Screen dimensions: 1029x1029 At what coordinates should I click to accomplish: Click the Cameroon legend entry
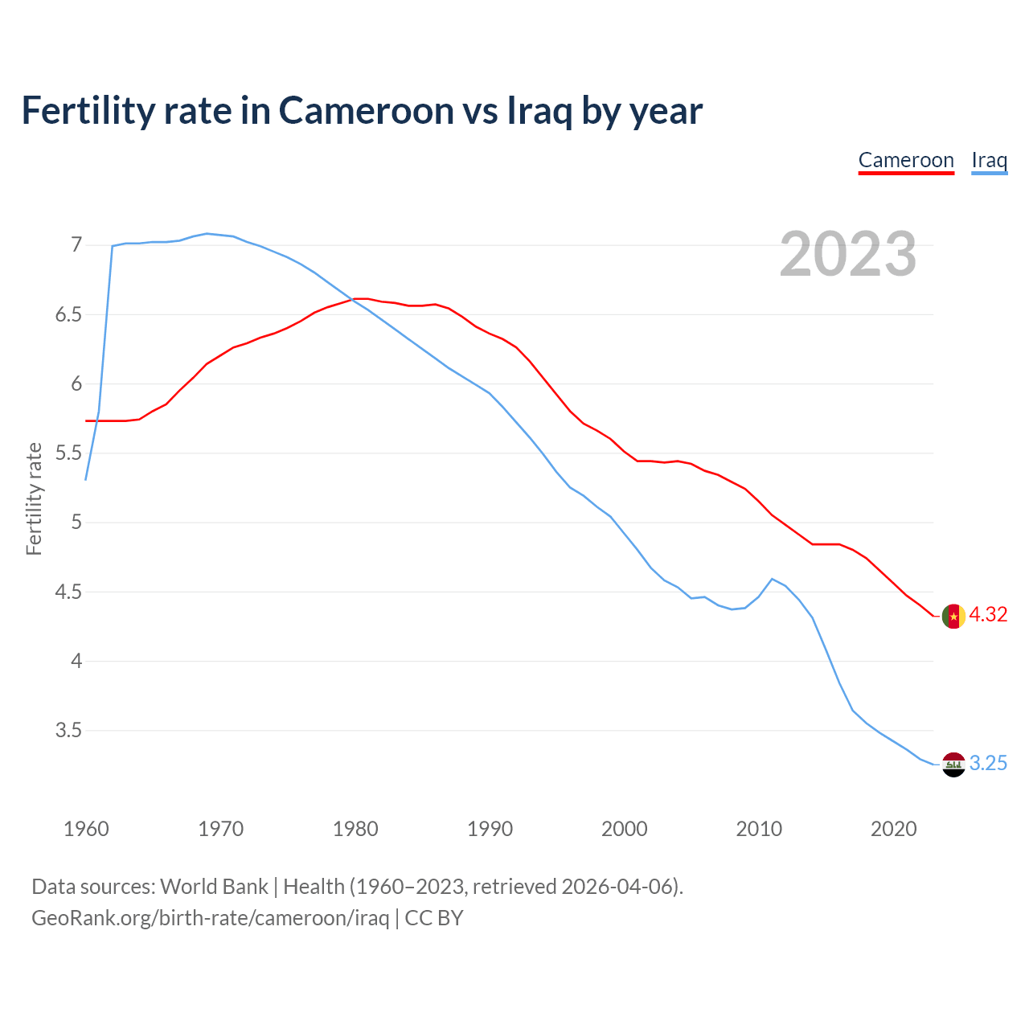906,161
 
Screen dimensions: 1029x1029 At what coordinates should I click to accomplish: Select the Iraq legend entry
989,161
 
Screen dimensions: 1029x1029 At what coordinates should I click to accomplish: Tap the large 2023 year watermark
847,254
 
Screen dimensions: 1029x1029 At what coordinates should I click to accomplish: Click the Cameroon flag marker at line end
953,616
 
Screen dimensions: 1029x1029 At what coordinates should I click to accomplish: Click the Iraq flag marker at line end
953,764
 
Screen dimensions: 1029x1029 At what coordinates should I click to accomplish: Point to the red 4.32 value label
988,615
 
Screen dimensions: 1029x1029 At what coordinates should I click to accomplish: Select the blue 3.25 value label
988,764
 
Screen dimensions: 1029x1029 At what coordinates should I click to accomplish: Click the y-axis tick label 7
76,244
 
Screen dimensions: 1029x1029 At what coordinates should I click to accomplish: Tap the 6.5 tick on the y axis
68,314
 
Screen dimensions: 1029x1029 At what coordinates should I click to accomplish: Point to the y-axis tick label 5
76,523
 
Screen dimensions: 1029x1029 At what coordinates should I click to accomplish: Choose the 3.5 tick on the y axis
68,731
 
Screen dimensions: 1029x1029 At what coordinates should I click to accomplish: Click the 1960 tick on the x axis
86,829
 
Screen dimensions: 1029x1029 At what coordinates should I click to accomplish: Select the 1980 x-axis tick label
355,829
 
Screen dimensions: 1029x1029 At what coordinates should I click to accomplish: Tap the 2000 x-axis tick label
625,829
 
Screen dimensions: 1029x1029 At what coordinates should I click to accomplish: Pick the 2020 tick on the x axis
893,829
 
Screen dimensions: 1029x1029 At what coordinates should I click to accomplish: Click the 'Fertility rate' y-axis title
34,498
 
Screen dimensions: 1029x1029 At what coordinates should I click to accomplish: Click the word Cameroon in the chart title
366,110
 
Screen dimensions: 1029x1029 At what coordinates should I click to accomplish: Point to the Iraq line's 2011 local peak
772,579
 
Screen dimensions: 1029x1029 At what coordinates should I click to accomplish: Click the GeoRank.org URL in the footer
210,918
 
